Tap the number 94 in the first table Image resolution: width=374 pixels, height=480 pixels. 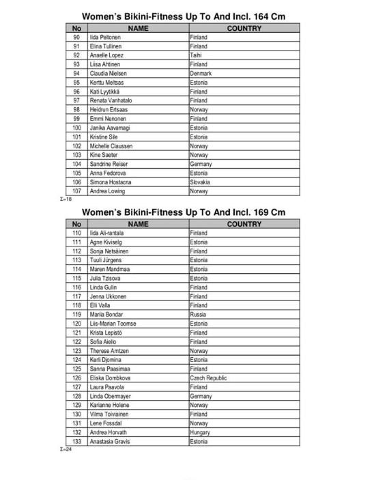pyautogui.click(x=76, y=73)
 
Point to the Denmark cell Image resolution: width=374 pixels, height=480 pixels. pyautogui.click(x=201, y=73)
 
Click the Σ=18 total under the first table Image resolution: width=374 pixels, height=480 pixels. pyautogui.click(x=67, y=199)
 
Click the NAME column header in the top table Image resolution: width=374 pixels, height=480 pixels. pyautogui.click(x=137, y=28)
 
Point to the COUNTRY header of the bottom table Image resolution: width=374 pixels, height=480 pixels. pyautogui.click(x=245, y=224)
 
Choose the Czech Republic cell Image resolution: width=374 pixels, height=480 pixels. pyautogui.click(x=209, y=378)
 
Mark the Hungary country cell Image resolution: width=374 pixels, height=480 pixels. pyautogui.click(x=200, y=432)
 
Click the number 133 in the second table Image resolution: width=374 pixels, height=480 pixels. pyautogui.click(x=76, y=441)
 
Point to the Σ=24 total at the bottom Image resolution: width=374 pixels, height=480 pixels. pyautogui.click(x=67, y=449)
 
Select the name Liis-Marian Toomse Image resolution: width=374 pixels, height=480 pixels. pyautogui.click(x=113, y=323)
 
